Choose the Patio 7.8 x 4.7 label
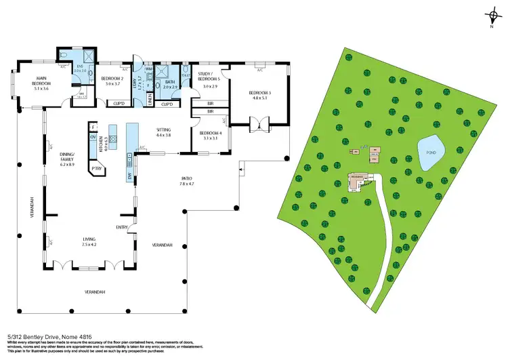(x=186, y=182)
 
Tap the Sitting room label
(x=163, y=132)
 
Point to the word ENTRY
(x=122, y=227)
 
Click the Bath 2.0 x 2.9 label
(x=169, y=85)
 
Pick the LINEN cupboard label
(x=150, y=100)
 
